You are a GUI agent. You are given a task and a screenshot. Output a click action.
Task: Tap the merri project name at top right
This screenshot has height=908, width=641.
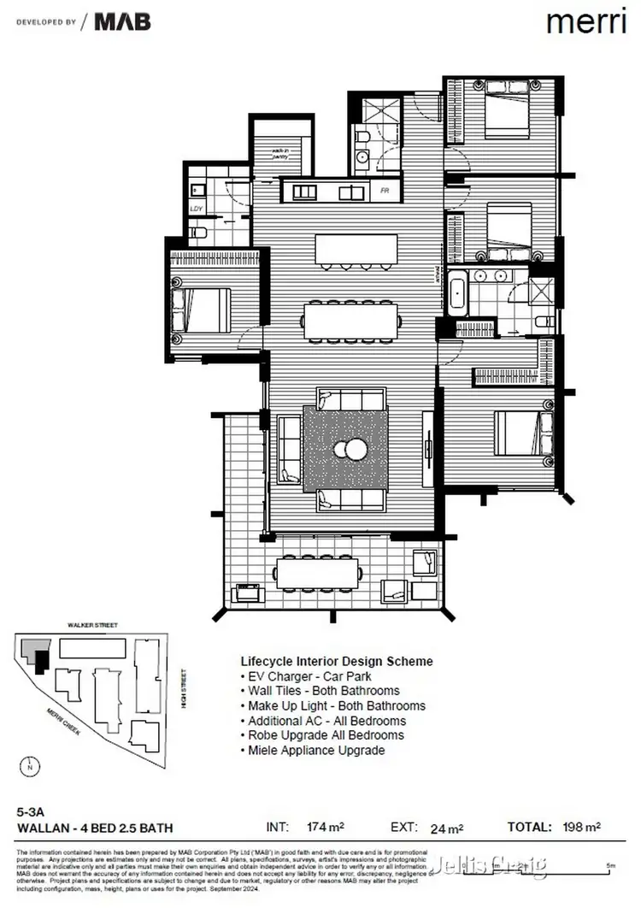pyautogui.click(x=586, y=22)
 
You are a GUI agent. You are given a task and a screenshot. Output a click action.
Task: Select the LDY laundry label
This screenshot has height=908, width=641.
pyautogui.click(x=196, y=209)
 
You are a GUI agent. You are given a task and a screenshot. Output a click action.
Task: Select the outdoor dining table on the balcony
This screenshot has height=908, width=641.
pyautogui.click(x=317, y=572)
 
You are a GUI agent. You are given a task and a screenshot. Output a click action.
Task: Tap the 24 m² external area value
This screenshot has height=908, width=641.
pyautogui.click(x=445, y=828)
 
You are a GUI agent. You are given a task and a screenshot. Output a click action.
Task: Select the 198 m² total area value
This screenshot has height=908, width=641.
pyautogui.click(x=580, y=827)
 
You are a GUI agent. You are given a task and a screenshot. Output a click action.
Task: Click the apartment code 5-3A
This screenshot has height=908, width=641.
pyautogui.click(x=31, y=811)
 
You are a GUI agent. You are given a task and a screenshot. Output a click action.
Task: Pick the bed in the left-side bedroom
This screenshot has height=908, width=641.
pyautogui.click(x=202, y=310)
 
